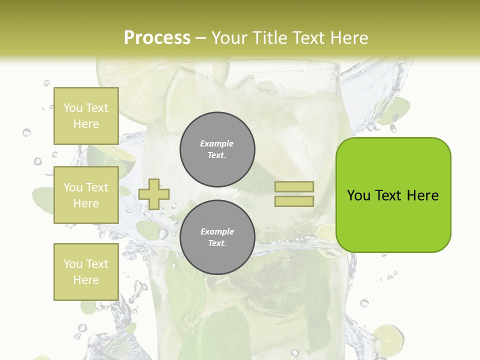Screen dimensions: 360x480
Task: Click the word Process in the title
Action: [157, 38]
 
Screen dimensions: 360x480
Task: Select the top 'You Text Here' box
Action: [86, 116]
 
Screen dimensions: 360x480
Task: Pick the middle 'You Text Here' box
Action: [86, 195]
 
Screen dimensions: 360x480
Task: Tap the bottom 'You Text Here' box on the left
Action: [86, 272]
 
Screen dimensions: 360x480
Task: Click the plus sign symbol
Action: [154, 194]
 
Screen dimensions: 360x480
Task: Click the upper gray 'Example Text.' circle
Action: [217, 149]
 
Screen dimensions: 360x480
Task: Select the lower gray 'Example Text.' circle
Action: [217, 237]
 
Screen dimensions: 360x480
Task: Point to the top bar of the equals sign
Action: [294, 187]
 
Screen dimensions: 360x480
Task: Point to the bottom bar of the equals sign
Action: [294, 201]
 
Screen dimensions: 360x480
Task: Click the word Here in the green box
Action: [422, 195]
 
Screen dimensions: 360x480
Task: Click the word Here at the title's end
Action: [350, 38]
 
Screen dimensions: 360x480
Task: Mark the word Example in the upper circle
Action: [217, 143]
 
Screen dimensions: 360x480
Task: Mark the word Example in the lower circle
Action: [217, 231]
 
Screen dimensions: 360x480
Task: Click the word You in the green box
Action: [358, 195]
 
